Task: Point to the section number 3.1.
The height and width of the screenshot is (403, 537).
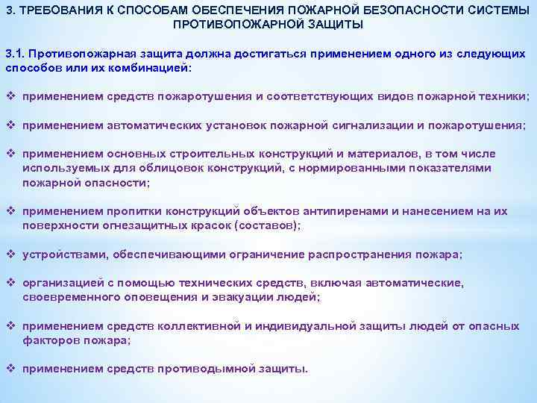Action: click(16, 54)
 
